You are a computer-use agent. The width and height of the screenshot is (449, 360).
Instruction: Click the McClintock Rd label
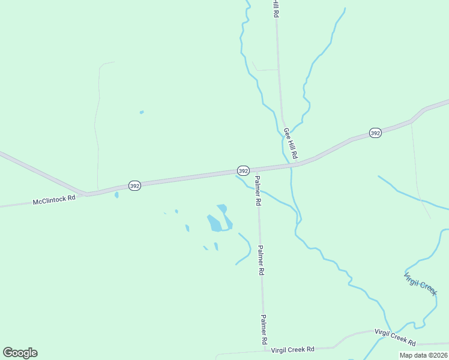pos(54,199)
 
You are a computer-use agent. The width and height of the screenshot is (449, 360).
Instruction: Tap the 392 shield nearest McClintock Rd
pos(134,186)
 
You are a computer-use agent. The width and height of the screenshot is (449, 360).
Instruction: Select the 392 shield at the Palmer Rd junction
pos(243,171)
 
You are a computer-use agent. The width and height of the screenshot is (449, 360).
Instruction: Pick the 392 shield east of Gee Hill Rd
pos(375,133)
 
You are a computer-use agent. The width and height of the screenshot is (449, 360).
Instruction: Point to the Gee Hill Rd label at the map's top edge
pos(275,8)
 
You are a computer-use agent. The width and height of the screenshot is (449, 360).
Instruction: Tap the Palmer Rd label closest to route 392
pos(257,191)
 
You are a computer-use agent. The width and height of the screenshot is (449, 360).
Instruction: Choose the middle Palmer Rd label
pos(261,260)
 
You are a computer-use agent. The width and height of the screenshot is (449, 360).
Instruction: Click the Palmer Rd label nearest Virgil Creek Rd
pos(263,329)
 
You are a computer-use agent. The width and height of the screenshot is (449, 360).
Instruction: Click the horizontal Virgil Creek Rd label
pos(293,349)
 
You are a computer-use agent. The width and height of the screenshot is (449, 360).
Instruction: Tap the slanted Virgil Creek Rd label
pos(396,337)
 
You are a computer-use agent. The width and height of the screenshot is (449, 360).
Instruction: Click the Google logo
pos(20,353)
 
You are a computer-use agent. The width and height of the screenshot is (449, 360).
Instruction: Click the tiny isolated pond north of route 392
pos(142,112)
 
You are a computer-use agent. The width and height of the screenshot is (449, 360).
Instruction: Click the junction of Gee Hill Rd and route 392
pos(300,163)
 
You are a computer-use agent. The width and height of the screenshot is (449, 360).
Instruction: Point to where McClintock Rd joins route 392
pos(88,194)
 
